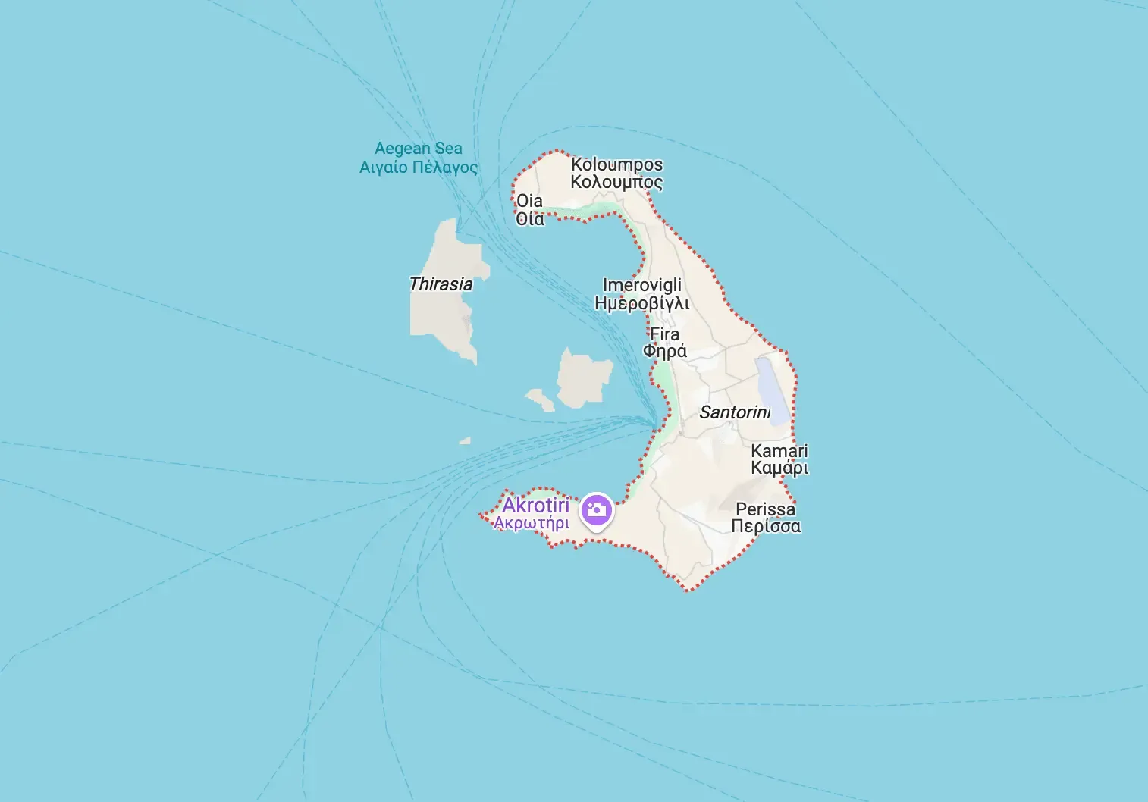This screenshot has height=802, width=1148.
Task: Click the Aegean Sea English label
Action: coord(418,149)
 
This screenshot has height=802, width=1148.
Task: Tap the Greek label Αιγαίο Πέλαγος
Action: coord(418,168)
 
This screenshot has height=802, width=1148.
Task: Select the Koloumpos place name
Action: coord(616,164)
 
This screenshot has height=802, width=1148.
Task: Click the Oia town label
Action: coord(529,201)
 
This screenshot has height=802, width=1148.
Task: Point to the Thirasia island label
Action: coord(441,284)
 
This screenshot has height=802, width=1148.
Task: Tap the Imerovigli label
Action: coord(641,286)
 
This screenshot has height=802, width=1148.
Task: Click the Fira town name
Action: coord(664,334)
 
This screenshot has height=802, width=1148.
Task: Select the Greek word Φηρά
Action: coord(664,352)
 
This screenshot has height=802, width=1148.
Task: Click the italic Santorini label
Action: coord(734,412)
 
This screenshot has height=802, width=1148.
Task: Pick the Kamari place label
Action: coord(779,451)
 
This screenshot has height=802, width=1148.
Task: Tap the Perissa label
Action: coord(765,509)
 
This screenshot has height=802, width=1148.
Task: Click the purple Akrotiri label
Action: coord(535,506)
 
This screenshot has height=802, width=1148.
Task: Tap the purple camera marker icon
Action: coord(596,509)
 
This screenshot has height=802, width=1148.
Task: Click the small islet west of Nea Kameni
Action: coord(540,399)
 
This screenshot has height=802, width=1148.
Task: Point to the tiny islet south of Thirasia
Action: coord(465,440)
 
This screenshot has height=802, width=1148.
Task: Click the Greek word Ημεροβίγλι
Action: coord(641,304)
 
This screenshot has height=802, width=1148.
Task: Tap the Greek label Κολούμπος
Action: coord(616,182)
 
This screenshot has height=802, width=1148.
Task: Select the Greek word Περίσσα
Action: coord(765,527)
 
